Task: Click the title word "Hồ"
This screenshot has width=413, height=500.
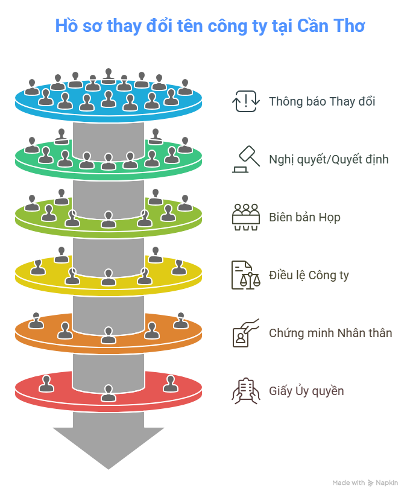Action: pos(63,27)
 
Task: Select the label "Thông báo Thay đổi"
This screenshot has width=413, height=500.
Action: pos(322,101)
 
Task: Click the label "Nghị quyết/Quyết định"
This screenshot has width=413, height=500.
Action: pos(329,160)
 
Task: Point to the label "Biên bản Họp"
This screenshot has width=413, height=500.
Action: pos(304,217)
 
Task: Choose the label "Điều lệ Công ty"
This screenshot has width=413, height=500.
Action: pos(309,276)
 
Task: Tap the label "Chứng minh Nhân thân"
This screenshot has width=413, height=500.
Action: pos(330,333)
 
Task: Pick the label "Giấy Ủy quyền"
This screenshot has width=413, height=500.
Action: pos(306,391)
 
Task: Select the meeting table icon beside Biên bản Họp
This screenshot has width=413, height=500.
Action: pos(245,217)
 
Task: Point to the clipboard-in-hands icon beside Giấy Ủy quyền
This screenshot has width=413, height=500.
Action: pos(245,391)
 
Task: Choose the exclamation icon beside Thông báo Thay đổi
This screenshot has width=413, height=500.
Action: pos(245,101)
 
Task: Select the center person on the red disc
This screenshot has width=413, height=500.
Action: pos(109,393)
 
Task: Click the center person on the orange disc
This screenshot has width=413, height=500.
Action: pos(109,335)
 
